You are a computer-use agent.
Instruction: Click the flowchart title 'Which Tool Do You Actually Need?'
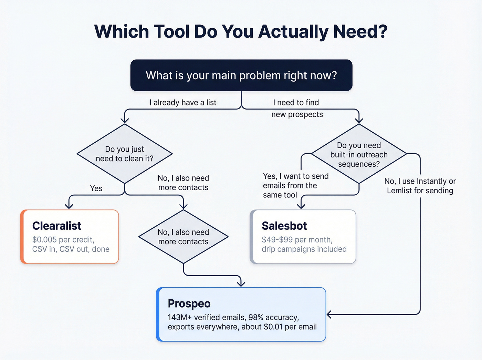(x=241, y=32)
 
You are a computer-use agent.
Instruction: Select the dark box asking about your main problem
(x=241, y=75)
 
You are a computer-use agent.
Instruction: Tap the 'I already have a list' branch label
(x=183, y=103)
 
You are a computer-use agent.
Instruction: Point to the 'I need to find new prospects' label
(x=297, y=109)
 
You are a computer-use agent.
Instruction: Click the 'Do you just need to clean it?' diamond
(x=124, y=154)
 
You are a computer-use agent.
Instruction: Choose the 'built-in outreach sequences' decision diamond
(x=359, y=154)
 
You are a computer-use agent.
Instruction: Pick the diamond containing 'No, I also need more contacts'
(x=183, y=237)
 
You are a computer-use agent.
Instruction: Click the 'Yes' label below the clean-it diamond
(x=96, y=188)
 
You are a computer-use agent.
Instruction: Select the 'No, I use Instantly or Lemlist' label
(x=420, y=186)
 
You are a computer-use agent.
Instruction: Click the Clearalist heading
(x=57, y=226)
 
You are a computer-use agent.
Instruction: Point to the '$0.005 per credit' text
(x=63, y=240)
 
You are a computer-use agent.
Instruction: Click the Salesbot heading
(x=284, y=226)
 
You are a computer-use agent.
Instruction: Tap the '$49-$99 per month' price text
(x=297, y=240)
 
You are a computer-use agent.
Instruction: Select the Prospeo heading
(x=189, y=304)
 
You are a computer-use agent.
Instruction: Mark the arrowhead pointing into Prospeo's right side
(x=329, y=315)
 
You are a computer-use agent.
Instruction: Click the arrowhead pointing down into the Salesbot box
(x=301, y=206)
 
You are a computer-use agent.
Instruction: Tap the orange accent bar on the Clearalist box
(x=22, y=237)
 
